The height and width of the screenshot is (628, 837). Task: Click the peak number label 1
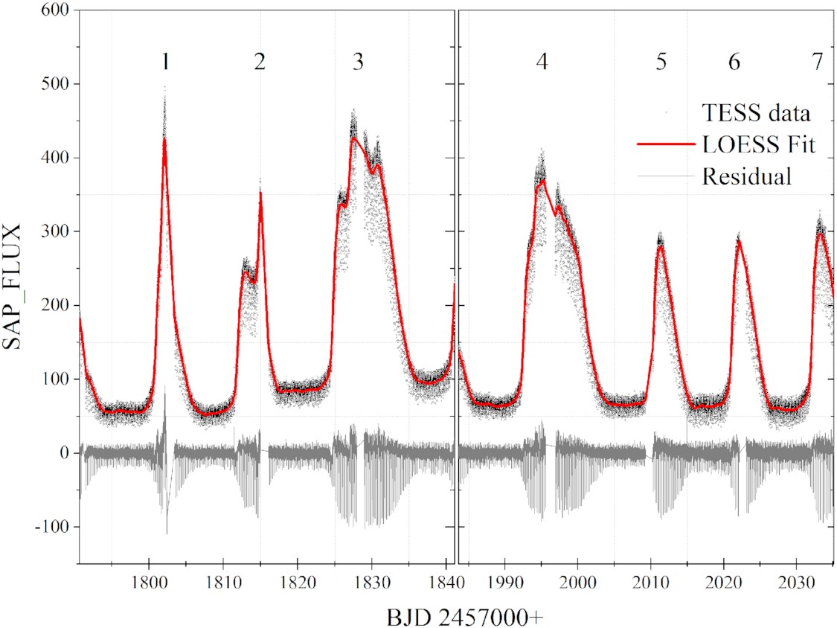tap(165, 63)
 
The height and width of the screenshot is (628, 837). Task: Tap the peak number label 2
tap(259, 63)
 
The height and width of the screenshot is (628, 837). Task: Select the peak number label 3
tap(358, 63)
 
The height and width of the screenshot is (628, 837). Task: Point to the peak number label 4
tap(542, 63)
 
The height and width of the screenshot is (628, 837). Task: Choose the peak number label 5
tap(661, 63)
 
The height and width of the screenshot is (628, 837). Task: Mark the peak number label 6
tap(734, 63)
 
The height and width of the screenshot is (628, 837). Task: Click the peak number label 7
tap(817, 63)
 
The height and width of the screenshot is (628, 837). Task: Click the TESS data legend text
tap(756, 114)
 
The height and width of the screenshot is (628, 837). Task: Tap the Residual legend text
tap(746, 177)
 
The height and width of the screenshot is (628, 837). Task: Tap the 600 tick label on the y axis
tap(54, 11)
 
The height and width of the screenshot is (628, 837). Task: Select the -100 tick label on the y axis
tap(51, 527)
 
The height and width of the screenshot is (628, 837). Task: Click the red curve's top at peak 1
tap(164, 138)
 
